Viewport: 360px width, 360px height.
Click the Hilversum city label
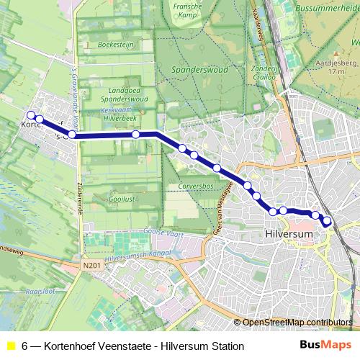point(287,235)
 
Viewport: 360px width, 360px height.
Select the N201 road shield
point(91,265)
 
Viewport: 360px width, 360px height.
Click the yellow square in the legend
point(10,346)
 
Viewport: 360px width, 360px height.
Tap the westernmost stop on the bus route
point(31,115)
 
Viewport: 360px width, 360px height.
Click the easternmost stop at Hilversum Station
point(328,221)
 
